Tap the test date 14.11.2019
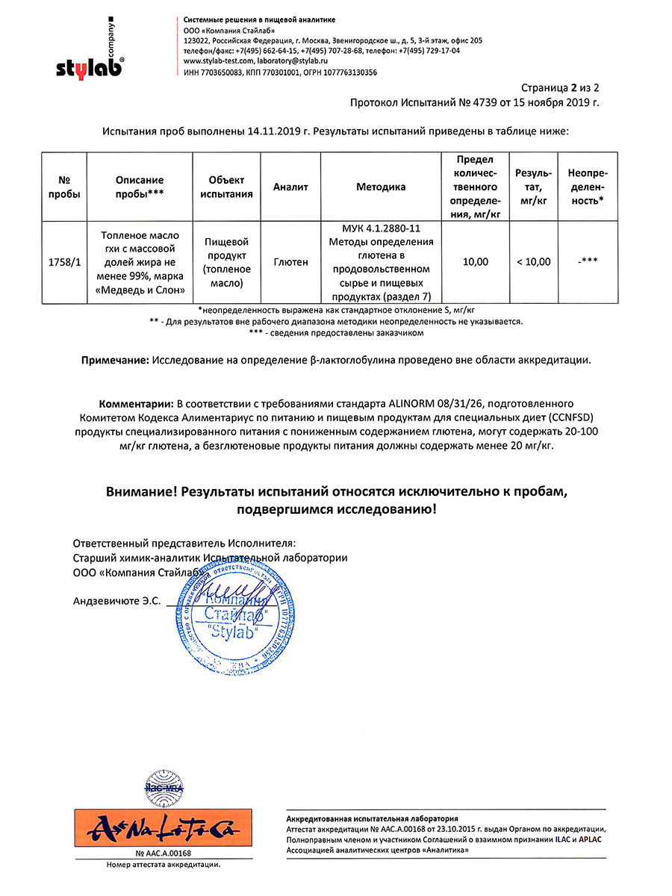[278, 131]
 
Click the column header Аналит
[290, 187]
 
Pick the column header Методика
[381, 187]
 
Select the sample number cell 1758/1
[64, 262]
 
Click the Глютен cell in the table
[290, 262]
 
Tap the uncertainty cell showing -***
[588, 262]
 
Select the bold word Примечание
[115, 360]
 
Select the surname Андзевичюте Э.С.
[116, 600]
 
